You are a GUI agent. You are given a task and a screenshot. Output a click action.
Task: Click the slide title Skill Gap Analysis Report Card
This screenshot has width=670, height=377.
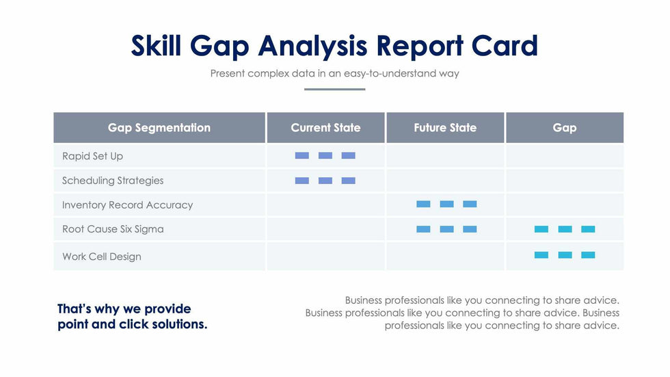point(334,46)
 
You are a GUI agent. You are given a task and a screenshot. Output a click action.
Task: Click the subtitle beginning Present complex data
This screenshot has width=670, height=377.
point(334,73)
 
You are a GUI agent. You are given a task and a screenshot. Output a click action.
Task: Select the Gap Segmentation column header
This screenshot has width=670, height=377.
point(159,128)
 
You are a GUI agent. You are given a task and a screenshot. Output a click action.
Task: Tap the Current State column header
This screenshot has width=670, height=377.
point(325,128)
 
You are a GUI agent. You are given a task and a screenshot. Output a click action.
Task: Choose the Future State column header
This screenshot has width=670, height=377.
point(445,128)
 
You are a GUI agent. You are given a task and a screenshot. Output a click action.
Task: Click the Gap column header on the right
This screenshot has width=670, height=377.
point(564,128)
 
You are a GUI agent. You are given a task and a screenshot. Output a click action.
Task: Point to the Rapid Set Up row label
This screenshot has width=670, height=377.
point(93,156)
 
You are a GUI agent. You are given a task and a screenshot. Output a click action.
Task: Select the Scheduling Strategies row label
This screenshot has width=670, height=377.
point(113,181)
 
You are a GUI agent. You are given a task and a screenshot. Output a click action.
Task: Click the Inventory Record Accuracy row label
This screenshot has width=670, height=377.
point(127,205)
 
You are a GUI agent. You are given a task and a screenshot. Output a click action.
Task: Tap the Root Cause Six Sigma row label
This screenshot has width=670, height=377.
point(113,229)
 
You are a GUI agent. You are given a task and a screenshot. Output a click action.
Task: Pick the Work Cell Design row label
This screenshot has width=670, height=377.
point(102,257)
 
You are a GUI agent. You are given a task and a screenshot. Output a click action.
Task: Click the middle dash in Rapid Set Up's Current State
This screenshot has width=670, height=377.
point(325,156)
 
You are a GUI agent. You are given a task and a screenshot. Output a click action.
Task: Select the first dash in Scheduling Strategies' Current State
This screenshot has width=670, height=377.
point(302,181)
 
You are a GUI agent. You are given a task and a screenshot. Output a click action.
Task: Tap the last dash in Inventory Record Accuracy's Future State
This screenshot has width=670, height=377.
point(470,204)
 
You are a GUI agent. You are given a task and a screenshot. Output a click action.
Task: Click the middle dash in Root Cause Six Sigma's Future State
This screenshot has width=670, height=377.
point(446,229)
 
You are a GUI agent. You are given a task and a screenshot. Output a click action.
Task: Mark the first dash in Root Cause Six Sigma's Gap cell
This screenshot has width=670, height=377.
point(541,229)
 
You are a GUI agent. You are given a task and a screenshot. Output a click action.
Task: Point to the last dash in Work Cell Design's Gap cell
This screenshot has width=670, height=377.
point(588,255)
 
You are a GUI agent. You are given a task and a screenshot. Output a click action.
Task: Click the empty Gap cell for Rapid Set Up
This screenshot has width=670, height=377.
point(564,156)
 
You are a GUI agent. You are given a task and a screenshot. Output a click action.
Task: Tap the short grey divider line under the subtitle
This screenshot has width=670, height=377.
point(334,89)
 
